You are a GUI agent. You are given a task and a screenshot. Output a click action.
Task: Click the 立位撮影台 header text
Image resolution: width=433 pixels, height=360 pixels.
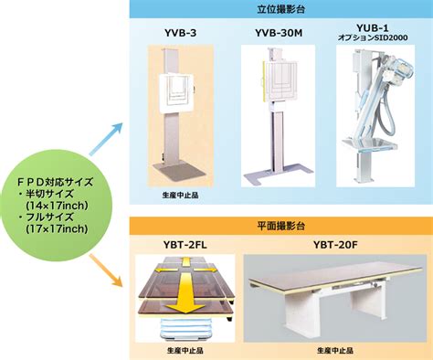coord(280,9)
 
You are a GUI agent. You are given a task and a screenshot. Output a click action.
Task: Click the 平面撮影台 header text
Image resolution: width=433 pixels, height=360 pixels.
coord(280,226)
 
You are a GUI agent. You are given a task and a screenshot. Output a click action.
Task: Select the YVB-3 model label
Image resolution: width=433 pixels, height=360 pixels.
coord(180,33)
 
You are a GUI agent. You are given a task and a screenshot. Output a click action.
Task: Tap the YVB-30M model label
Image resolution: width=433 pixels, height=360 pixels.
coord(279,33)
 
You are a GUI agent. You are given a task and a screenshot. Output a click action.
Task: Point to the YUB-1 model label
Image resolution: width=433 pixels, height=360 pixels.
coord(373,28)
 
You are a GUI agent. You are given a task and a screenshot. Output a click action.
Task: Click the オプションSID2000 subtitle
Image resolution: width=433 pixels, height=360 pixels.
coord(373,37)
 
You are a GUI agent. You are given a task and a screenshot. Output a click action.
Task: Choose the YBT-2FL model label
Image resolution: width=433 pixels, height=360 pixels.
coord(185,245)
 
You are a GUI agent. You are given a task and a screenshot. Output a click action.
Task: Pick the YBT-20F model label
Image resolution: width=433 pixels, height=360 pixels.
coord(334,245)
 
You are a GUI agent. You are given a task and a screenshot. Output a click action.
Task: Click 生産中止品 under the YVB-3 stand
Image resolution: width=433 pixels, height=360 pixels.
coord(180,195)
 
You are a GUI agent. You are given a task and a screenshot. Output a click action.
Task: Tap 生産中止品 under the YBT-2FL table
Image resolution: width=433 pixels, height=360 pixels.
coord(185,350)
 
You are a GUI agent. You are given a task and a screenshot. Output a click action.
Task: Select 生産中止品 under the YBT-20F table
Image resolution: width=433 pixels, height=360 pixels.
coord(335,350)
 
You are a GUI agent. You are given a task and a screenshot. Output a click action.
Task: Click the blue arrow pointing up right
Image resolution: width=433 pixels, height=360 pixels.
coord(106,139)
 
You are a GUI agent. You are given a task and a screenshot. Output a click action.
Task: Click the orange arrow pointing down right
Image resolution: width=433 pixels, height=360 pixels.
coord(106,270)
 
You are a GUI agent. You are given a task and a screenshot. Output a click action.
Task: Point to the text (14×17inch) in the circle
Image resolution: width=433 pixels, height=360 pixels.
coord(58,206)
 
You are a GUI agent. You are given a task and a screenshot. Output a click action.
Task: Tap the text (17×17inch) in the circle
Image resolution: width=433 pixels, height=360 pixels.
coord(58,228)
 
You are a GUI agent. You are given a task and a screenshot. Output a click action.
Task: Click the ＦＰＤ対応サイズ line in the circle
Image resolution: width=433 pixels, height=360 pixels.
coord(55,182)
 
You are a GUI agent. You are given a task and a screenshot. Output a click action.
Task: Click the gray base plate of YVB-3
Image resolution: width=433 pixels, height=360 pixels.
coord(179,172)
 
